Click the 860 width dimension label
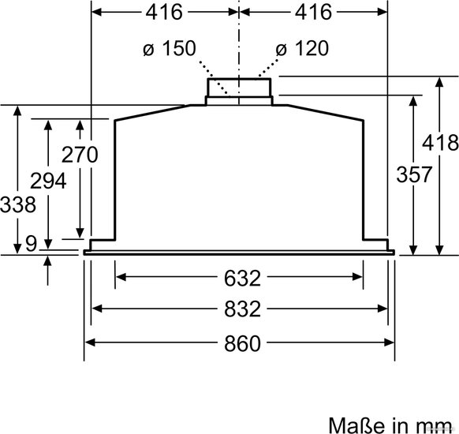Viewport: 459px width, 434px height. point(242,343)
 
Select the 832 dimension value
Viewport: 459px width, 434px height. point(242,309)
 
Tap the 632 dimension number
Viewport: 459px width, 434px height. point(242,279)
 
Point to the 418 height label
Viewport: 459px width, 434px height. point(440,143)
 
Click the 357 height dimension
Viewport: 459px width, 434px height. point(414,174)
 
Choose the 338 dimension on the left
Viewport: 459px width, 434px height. point(18,204)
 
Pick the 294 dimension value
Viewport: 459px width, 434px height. point(48,181)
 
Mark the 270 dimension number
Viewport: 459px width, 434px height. point(80,155)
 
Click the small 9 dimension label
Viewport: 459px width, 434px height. point(31,243)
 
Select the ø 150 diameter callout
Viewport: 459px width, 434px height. point(170,48)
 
